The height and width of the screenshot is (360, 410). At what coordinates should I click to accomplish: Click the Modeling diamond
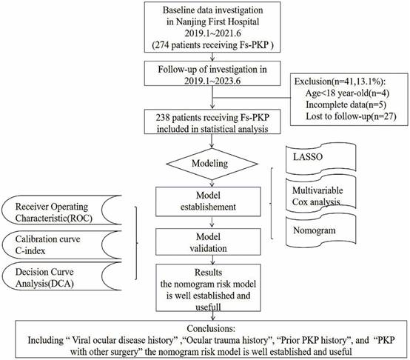pos(212,164)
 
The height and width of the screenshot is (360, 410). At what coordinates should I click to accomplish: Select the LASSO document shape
pos(321,159)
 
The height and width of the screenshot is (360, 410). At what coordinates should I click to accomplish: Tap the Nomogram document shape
pos(321,231)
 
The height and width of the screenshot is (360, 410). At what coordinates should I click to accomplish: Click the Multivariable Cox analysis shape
pos(321,194)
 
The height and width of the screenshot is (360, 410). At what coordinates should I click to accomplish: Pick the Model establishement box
pos(208,201)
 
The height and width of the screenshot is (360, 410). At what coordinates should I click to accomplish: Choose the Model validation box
pos(208,242)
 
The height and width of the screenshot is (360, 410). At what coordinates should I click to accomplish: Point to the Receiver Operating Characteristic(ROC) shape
pos(61,210)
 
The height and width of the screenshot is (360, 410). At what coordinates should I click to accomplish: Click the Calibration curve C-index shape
pos(61,245)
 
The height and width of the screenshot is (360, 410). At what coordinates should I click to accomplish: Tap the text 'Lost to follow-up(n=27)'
pos(351,116)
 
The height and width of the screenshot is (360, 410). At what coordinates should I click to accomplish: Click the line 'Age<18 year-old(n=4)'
pos(347,93)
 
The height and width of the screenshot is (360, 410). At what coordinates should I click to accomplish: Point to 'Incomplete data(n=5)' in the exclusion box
pos(346,104)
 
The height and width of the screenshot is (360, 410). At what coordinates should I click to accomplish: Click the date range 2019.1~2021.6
pos(212,33)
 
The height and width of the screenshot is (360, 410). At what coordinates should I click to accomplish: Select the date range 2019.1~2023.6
pos(212,81)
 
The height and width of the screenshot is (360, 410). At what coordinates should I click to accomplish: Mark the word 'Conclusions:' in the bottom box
pos(211,329)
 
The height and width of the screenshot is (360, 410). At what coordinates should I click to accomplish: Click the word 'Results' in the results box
pos(208,273)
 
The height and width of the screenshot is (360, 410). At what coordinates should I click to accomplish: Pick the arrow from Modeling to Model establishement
pos(212,183)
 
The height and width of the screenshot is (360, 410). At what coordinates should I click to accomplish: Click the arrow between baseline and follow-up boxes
pos(212,57)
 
